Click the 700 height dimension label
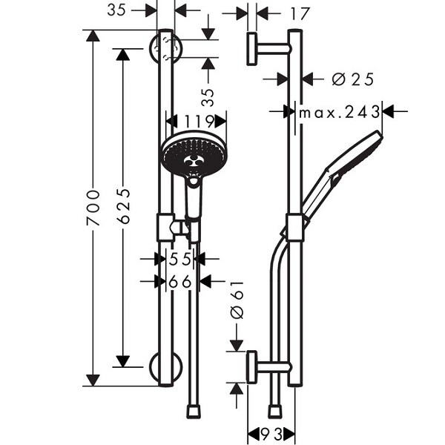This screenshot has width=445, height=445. coord(93,208)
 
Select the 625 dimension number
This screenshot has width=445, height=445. coord(123,205)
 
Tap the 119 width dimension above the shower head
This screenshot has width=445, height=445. coord(200,122)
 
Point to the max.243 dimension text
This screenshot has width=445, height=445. coord(340,112)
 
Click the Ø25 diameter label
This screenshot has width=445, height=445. coord(353,79)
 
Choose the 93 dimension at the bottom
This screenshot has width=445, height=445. coord(271,434)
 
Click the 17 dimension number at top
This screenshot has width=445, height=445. coord(299,13)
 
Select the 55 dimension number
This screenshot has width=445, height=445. coord(179,259)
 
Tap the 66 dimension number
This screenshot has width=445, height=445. coord(180,282)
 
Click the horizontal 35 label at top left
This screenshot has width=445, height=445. coord(116,10)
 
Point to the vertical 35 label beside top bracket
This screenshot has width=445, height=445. coord(208,97)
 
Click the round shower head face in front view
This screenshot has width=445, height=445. coord(194,155)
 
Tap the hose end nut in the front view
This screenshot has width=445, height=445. coord(194,412)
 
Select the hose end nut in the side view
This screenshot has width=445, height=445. coord(275,412)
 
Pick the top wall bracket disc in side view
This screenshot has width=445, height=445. coord(251,49)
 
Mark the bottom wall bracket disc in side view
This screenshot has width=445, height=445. coord(251,367)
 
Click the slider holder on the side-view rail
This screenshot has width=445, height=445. coord(295,228)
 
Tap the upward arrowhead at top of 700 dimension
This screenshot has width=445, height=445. coord(93,36)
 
